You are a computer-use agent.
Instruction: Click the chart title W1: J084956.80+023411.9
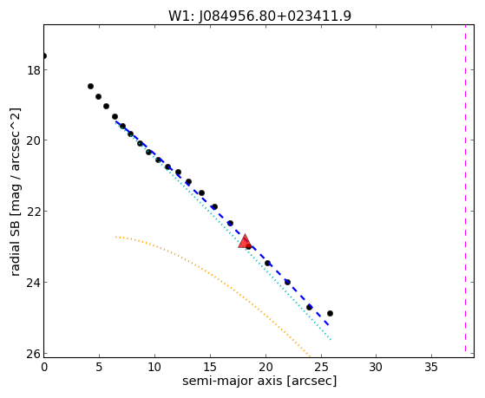pyautogui.click(x=259, y=16)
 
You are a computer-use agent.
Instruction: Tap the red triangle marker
pyautogui.click(x=245, y=243)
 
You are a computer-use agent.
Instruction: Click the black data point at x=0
pyautogui.click(x=44, y=56)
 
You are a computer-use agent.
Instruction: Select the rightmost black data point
pyautogui.click(x=330, y=313)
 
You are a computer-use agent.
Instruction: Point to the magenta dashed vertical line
pyautogui.click(x=465, y=188)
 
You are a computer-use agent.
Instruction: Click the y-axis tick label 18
pyautogui.click(x=33, y=70)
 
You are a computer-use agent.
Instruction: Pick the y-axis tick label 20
pyautogui.click(x=33, y=140)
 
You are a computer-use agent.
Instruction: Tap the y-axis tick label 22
pyautogui.click(x=33, y=212)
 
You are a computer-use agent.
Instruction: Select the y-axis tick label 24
pyautogui.click(x=33, y=283)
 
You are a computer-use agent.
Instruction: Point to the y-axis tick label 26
pyautogui.click(x=33, y=354)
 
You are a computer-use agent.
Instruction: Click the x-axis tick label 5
pyautogui.click(x=99, y=367)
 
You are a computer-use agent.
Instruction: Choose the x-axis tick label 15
pyautogui.click(x=210, y=367)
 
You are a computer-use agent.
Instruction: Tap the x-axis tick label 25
pyautogui.click(x=321, y=367)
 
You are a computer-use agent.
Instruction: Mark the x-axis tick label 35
pyautogui.click(x=431, y=367)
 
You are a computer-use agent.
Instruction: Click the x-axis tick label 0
pyautogui.click(x=44, y=367)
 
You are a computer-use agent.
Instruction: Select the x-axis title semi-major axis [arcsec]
pyautogui.click(x=259, y=381)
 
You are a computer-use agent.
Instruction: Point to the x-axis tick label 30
pyautogui.click(x=377, y=367)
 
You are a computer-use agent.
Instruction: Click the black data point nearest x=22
pyautogui.click(x=287, y=282)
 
